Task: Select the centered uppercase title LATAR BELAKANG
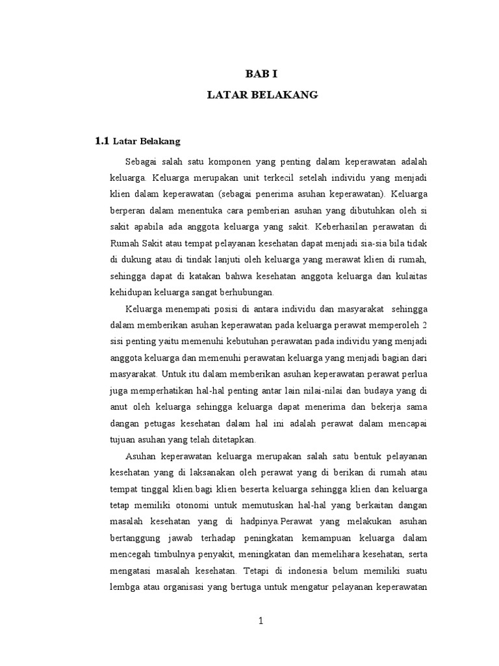(x=262, y=95)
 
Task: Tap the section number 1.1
(x=103, y=140)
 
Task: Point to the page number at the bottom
(x=261, y=620)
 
